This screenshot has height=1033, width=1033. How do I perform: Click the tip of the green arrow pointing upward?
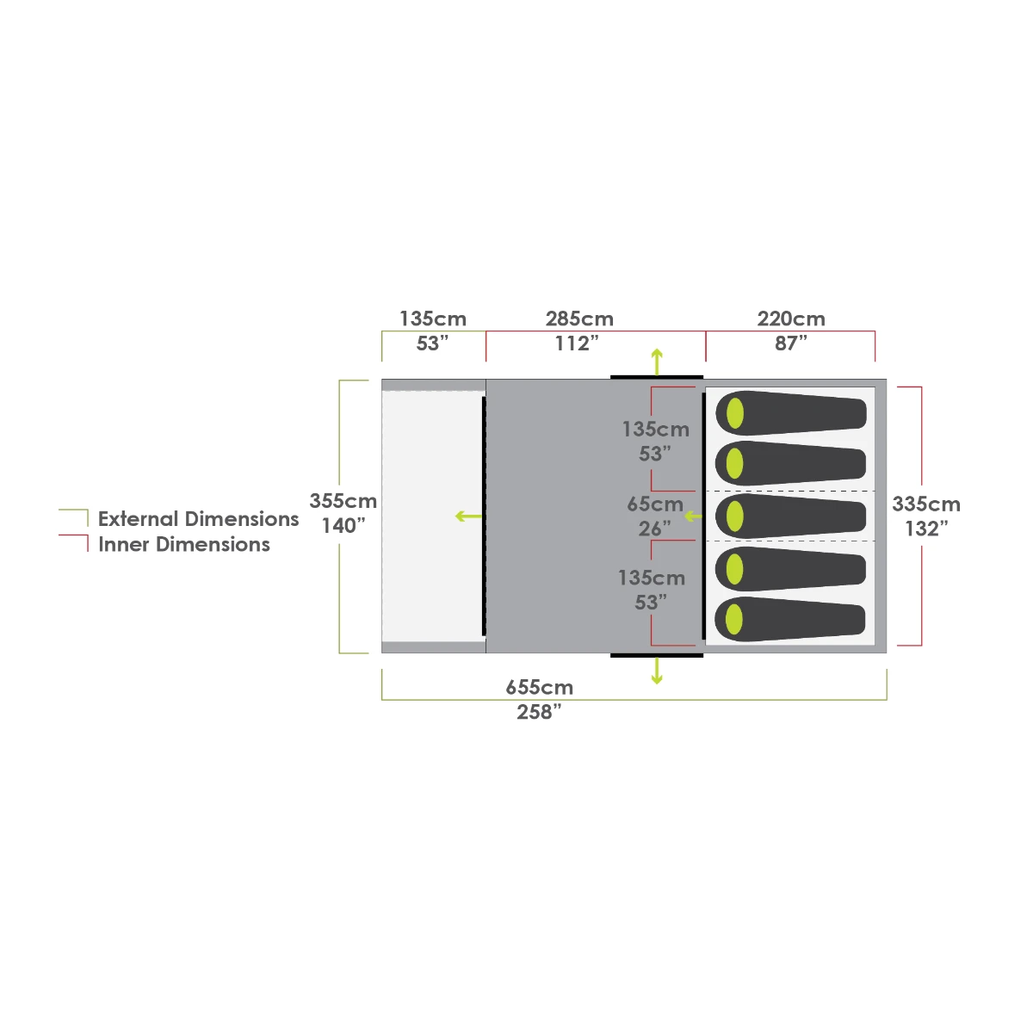pyautogui.click(x=657, y=349)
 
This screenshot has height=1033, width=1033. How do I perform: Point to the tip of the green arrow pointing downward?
pyautogui.click(x=657, y=684)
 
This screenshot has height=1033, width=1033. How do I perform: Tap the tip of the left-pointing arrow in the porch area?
pyautogui.click(x=455, y=516)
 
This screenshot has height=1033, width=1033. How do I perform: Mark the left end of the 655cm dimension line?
pyautogui.click(x=381, y=700)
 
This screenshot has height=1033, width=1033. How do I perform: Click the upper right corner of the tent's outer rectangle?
pyautogui.click(x=887, y=380)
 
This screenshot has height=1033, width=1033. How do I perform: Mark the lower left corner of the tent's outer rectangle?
pyautogui.click(x=381, y=653)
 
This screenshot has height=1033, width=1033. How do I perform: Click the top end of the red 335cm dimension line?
pyautogui.click(x=921, y=387)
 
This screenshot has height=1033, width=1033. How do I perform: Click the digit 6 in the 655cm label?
pyautogui.click(x=512, y=687)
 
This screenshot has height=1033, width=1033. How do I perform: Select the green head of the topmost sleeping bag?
pyautogui.click(x=735, y=413)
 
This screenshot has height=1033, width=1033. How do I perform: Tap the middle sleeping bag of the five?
pyautogui.click(x=791, y=516)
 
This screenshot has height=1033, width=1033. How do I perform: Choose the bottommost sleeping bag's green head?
pyautogui.click(x=734, y=619)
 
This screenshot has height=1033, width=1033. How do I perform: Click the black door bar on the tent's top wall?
pyautogui.click(x=657, y=377)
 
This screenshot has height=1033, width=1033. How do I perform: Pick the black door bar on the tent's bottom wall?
pyautogui.click(x=657, y=655)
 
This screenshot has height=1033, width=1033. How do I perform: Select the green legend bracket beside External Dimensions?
pyautogui.click(x=74, y=517)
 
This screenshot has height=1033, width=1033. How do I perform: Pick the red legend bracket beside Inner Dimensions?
pyautogui.click(x=74, y=543)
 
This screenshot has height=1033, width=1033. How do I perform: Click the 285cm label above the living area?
pyautogui.click(x=579, y=319)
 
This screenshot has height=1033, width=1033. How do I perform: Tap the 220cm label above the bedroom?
pyautogui.click(x=791, y=319)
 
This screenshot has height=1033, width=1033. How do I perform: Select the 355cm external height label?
pyautogui.click(x=343, y=501)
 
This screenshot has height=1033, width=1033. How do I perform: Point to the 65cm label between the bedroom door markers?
pyautogui.click(x=655, y=504)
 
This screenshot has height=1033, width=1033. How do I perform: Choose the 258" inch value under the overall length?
pyautogui.click(x=539, y=713)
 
